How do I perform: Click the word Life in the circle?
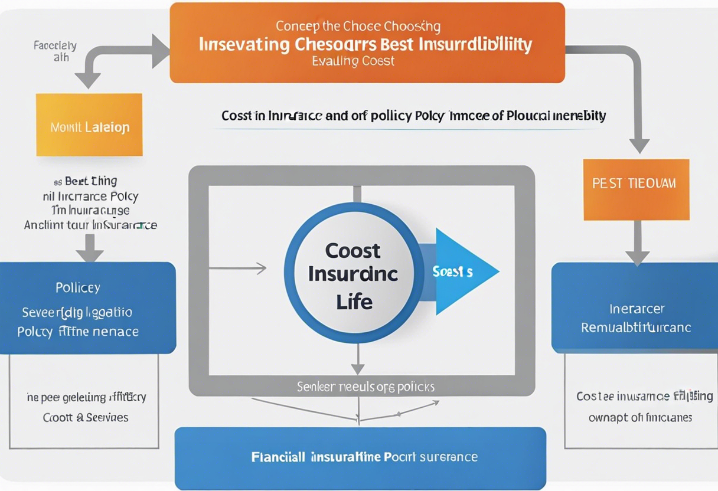pyautogui.click(x=354, y=302)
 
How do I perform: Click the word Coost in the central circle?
pyautogui.click(x=353, y=251)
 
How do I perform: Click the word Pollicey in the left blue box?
pyautogui.click(x=78, y=288)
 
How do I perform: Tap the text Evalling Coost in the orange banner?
pyautogui.click(x=354, y=61)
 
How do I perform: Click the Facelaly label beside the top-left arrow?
pyautogui.click(x=55, y=45)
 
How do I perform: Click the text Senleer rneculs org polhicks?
pyautogui.click(x=365, y=387)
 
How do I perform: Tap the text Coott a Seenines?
pyautogui.click(x=86, y=417)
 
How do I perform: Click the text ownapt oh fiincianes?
pyautogui.click(x=640, y=417)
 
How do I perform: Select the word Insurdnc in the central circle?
pyautogui.click(x=353, y=274)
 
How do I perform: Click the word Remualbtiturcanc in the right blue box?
pyautogui.click(x=636, y=328)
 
